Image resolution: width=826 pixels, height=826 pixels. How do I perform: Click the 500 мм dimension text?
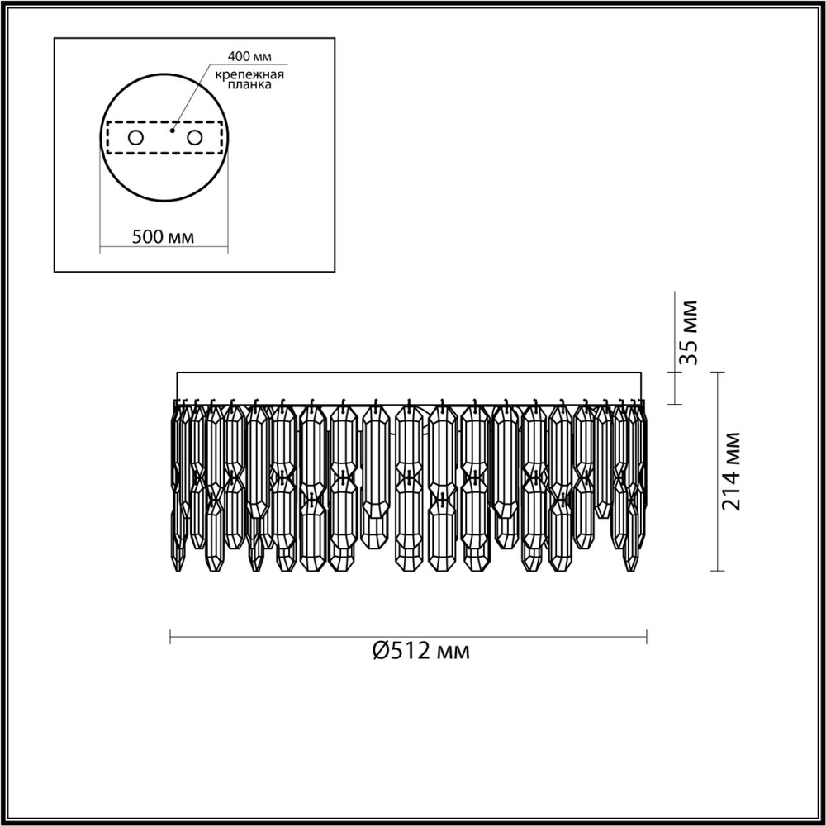click(164, 236)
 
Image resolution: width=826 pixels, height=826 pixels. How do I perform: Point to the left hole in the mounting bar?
click(135, 137)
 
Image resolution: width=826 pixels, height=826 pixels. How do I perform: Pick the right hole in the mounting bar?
click(195, 137)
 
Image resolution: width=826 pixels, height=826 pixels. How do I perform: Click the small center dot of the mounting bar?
click(172, 131)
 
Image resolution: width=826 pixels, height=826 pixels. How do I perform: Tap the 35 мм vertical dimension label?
click(691, 333)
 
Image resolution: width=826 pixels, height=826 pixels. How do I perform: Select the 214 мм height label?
click(732, 471)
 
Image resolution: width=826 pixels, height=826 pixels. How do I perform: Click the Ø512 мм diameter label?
click(420, 652)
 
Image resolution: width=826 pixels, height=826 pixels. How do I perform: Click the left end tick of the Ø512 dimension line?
click(170, 636)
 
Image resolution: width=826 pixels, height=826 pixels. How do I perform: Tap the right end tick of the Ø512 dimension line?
click(647, 636)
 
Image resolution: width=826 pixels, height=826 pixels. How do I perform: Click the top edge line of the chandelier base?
click(409, 373)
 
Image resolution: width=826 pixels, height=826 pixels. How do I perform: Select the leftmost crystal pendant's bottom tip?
click(178, 570)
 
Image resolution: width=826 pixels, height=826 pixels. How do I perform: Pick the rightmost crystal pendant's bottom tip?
click(633, 570)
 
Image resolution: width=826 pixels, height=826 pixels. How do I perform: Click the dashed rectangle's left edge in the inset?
click(107, 137)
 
